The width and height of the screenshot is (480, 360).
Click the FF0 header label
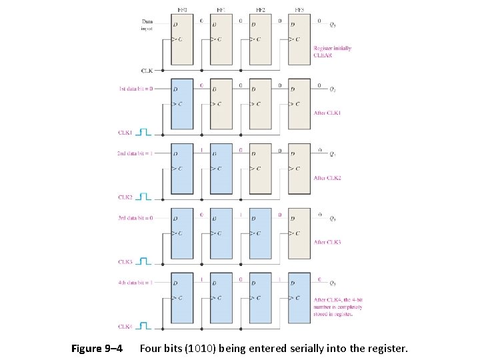(182, 10)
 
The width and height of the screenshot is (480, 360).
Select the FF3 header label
(299, 10)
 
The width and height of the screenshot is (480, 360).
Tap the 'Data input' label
(147, 25)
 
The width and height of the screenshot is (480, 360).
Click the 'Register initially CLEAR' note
(332, 52)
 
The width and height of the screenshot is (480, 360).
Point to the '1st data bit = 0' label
(136, 88)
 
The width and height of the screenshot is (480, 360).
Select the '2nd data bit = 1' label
(135, 153)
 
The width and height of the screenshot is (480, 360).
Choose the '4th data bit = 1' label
(136, 283)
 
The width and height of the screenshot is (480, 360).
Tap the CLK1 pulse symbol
(144, 133)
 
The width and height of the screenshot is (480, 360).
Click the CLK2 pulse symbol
(144, 197)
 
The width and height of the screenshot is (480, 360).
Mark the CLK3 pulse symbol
(144, 262)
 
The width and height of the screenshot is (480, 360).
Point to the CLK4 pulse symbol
(144, 327)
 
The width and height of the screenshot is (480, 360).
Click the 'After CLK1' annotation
(327, 113)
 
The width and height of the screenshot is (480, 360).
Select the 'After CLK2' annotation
(327, 178)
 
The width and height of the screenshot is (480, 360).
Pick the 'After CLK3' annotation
(327, 243)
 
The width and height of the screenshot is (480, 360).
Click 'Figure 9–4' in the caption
(97, 349)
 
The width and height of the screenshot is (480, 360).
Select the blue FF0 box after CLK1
(182, 104)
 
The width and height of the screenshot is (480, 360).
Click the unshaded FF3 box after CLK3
(299, 233)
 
